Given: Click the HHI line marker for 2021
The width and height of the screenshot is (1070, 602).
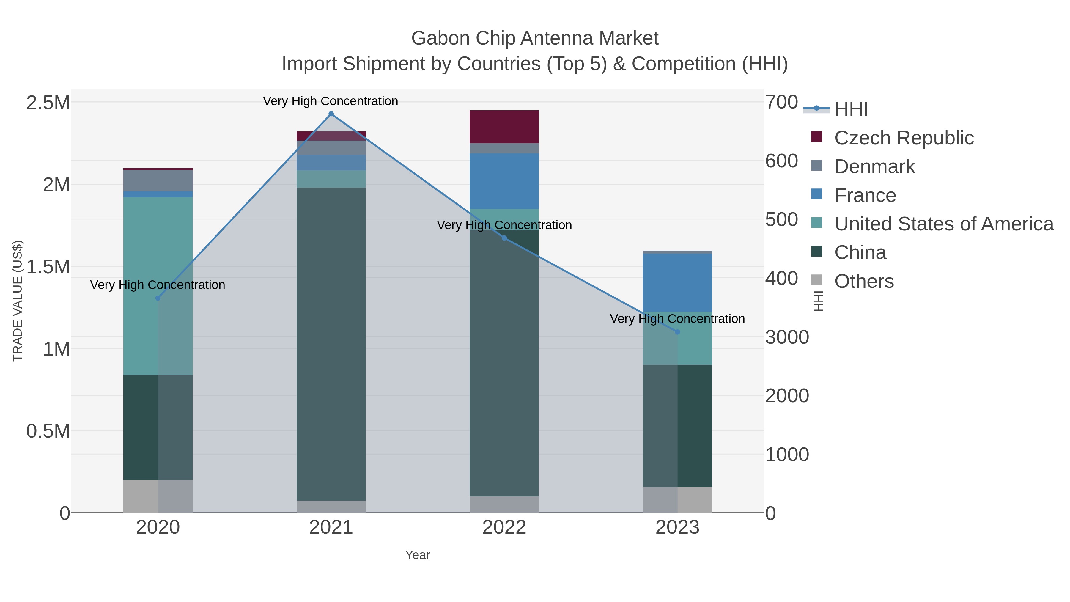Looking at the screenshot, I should pos(331,114).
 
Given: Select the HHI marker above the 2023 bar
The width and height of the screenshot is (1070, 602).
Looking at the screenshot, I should pos(677,332).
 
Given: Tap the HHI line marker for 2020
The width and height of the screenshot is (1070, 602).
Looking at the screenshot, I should pos(158,298).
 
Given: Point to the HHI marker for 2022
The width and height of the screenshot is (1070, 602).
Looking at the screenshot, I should pos(504,238).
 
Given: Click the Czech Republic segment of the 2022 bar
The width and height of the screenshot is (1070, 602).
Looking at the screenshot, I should pos(504,127).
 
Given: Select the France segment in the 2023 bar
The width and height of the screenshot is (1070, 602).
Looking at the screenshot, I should pos(677,282).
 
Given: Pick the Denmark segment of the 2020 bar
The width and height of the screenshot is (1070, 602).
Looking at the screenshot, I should pos(158,181).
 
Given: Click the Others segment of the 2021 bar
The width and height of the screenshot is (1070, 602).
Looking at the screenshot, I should pos(331,507).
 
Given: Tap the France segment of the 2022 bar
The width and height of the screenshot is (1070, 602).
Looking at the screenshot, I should pos(504,181).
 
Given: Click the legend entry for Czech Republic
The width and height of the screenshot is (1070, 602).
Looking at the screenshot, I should pos(904,138).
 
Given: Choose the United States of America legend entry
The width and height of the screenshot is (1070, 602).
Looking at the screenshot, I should pos(943,224).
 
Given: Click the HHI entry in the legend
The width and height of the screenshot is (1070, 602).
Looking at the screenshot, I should pos(851,109).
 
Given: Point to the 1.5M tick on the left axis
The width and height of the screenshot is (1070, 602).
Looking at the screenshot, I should pos(48,267).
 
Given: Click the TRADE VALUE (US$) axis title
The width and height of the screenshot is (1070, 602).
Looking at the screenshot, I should pos(18,301).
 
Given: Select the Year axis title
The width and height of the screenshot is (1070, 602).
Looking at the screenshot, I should pos(418,555).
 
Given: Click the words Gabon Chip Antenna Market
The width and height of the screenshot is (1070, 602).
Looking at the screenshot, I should pos(535,39).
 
